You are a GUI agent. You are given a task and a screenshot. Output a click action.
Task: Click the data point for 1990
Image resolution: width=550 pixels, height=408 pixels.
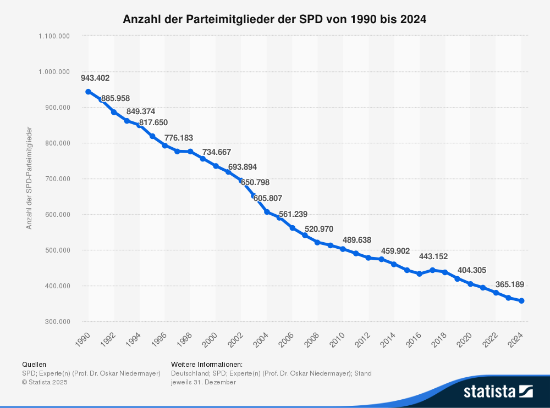click(x=88, y=92)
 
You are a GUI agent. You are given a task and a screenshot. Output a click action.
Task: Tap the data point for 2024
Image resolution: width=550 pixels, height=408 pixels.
click(x=521, y=301)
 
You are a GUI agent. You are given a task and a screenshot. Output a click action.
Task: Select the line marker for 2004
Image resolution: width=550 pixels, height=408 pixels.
click(x=267, y=212)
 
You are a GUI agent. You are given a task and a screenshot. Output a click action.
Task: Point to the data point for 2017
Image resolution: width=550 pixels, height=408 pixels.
click(x=432, y=270)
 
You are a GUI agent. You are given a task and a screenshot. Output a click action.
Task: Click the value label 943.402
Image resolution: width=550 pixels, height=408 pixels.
click(x=95, y=78)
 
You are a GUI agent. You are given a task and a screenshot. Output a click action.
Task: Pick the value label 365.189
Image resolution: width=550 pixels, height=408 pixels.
click(x=510, y=284)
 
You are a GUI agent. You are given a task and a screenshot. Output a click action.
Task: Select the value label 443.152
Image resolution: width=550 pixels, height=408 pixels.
click(x=433, y=256)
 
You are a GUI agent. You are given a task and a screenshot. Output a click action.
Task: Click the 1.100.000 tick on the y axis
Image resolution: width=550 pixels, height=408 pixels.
click(x=54, y=36)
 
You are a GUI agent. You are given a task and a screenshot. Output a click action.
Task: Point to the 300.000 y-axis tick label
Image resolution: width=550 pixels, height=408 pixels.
click(x=58, y=322)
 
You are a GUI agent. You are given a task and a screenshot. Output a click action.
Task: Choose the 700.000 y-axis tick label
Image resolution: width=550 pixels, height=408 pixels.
click(x=58, y=179)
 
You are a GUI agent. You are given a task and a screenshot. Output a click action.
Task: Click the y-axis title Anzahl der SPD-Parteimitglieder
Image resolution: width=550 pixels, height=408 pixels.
click(x=29, y=178)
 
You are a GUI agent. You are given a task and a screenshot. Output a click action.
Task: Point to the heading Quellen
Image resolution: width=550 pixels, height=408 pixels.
click(x=34, y=365)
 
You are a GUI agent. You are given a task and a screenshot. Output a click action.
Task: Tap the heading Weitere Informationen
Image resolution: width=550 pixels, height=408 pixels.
click(x=207, y=365)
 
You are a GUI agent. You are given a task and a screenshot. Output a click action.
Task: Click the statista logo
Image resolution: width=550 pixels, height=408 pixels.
click(x=498, y=391)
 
